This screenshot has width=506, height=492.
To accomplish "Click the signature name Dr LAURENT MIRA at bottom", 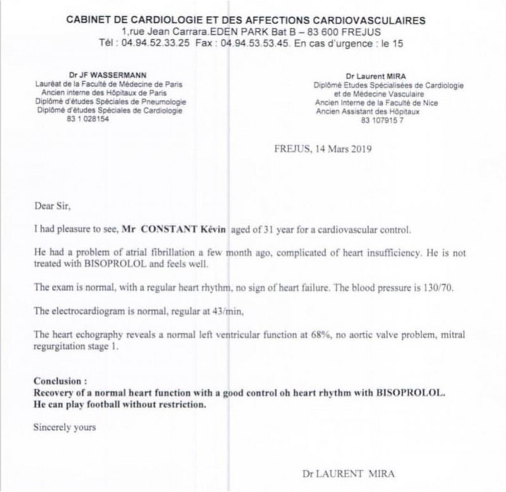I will click(343, 472).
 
